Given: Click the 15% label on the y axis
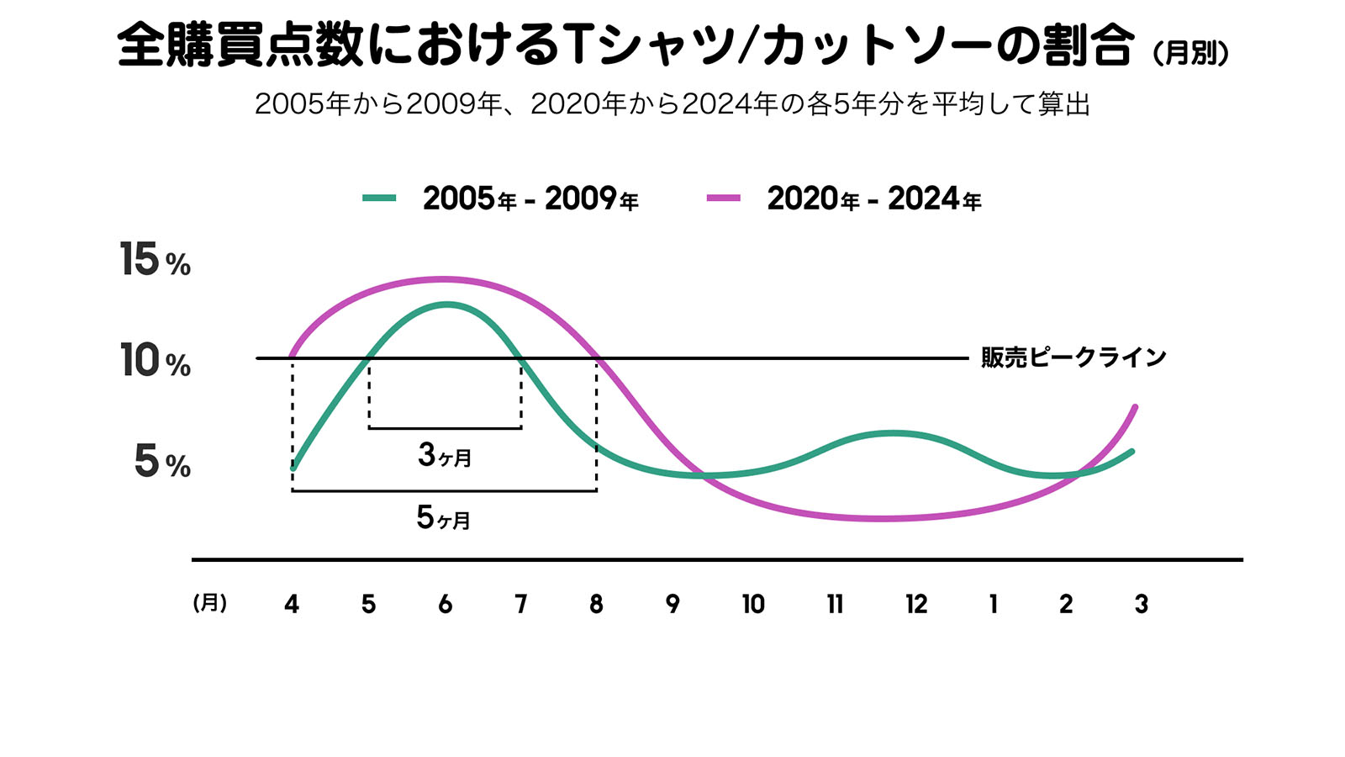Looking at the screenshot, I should [155, 260].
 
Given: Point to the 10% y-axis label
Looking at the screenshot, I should [155, 361].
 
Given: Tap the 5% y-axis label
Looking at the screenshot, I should [162, 462].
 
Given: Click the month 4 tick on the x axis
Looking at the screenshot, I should [292, 604].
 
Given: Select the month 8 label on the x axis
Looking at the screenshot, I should [596, 604].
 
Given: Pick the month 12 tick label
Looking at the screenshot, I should [916, 604].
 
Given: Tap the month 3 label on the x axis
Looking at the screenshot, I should [1141, 604].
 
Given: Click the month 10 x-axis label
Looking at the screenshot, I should [753, 604].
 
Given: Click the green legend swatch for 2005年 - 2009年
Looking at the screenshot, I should [379, 199].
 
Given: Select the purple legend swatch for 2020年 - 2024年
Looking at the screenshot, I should [723, 199].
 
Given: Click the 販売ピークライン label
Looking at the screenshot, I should [1073, 357].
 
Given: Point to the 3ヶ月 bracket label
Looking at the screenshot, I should [445, 456].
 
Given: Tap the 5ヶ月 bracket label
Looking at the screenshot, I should [444, 517].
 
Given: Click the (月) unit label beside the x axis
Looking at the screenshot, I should [210, 603].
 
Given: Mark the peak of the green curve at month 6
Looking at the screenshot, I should [446, 304].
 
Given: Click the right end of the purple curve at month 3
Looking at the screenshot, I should [1136, 407].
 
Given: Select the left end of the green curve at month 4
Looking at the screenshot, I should [293, 468].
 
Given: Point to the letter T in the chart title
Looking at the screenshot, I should [578, 45].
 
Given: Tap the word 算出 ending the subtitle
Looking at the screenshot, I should [1063, 104].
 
